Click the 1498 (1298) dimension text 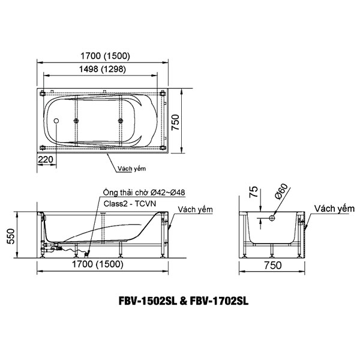pos(103,69)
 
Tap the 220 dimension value pos(46,160)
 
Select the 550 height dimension pos(11,236)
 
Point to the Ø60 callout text pos(281,191)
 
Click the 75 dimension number pos(253,192)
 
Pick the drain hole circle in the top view pos(56,121)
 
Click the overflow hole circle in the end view pos(272,218)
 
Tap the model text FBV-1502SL pos(148,301)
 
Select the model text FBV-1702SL pos(219,301)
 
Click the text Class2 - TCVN pos(130,203)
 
